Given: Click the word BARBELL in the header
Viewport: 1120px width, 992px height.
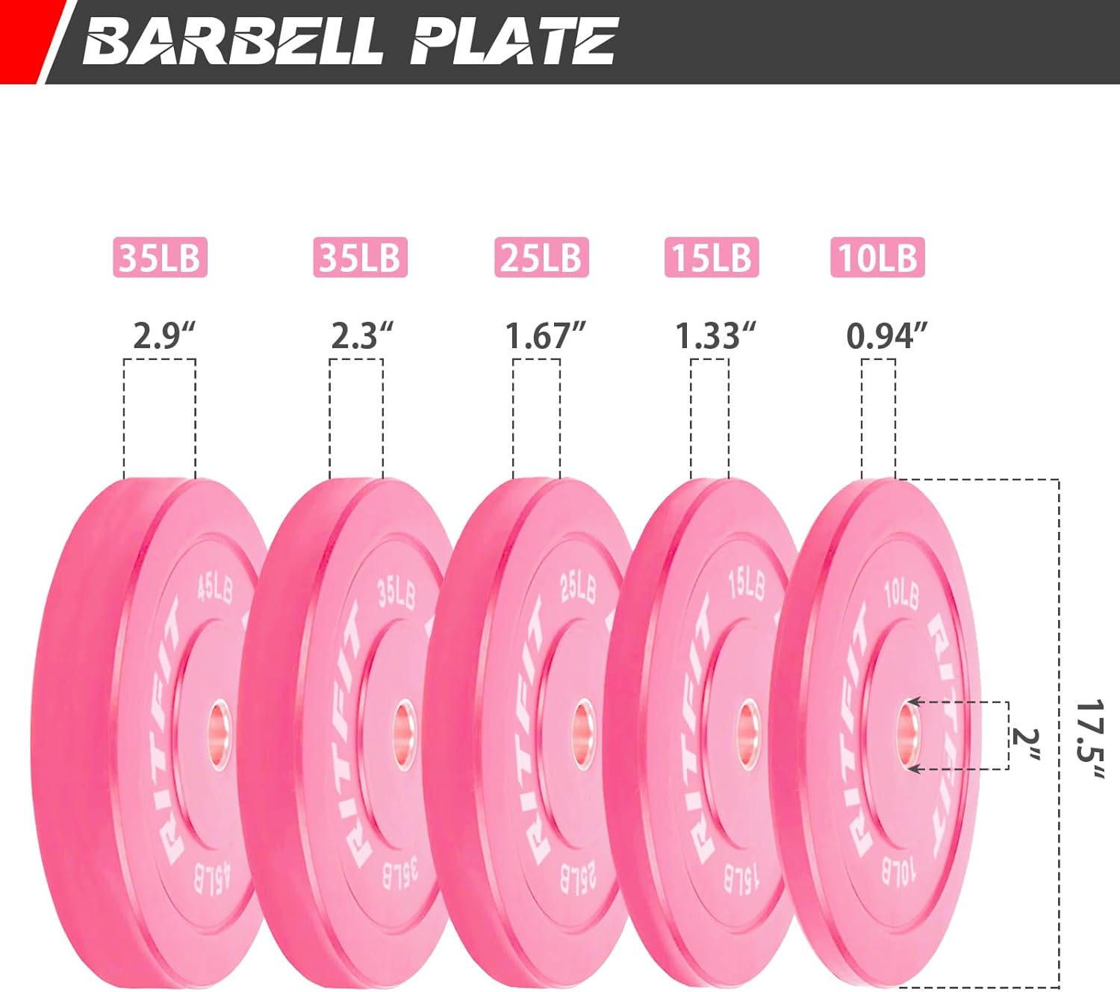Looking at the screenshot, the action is [x=233, y=41].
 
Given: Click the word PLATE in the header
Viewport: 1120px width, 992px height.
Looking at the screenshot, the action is [x=514, y=41].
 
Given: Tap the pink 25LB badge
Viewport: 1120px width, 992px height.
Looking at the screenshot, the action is [x=542, y=257].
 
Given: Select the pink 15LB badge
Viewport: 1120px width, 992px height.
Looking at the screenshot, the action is [x=712, y=257].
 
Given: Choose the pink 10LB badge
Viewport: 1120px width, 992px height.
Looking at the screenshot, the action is [x=877, y=257].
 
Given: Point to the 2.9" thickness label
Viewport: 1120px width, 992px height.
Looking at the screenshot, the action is [x=164, y=335].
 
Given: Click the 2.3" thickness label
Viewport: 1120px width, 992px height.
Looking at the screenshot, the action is [x=361, y=335].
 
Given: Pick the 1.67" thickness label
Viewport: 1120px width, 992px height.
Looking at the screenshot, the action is [x=545, y=335].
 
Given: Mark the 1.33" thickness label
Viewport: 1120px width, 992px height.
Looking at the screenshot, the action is [x=715, y=335].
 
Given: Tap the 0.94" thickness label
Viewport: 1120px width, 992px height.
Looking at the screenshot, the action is [x=887, y=335].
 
